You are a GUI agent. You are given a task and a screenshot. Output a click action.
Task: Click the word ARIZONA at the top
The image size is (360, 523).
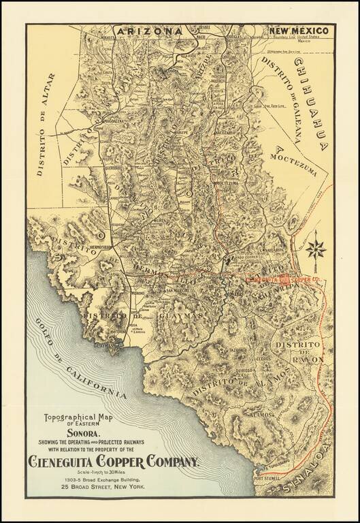(149, 31)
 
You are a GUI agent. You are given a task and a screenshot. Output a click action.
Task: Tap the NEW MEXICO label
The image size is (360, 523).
(299, 31)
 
